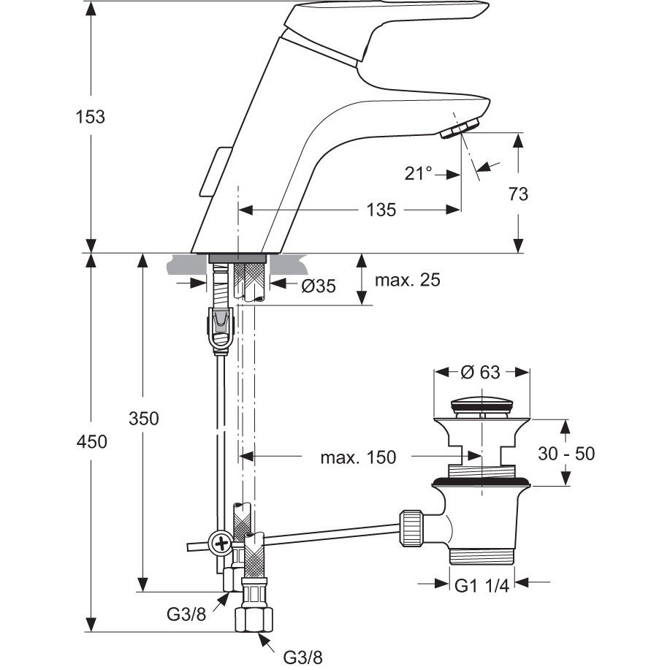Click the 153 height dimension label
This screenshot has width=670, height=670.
tap(90, 117)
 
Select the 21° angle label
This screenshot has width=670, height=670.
tap(419, 173)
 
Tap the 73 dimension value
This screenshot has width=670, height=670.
tap(518, 194)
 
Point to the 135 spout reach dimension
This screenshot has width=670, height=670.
tap(381, 210)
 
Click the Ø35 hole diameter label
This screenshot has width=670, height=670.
tap(319, 286)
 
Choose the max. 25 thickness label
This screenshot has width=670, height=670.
tap(407, 280)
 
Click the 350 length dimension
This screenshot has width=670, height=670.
tap(144, 419)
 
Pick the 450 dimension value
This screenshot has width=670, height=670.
tap(92, 441)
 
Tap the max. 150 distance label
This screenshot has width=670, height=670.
tap(358, 457)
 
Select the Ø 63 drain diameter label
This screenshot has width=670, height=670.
tap(480, 372)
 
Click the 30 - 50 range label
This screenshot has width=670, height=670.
tap(566, 453)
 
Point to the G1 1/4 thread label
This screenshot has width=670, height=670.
tap(481, 586)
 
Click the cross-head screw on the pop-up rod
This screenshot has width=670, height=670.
tap(221, 544)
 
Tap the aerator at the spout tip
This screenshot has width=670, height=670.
tap(459, 129)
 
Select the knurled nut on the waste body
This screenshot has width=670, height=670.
tap(411, 528)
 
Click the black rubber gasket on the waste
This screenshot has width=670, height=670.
tap(481, 482)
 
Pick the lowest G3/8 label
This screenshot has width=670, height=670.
tap(302, 657)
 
